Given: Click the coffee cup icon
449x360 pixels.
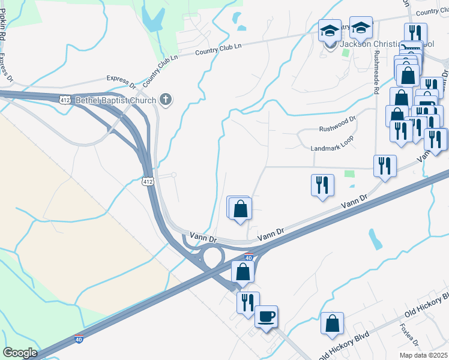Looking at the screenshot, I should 266,316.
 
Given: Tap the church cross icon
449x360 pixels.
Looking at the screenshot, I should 166,100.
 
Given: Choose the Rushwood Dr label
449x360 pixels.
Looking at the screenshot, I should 337,128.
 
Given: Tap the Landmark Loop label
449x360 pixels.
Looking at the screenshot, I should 332,148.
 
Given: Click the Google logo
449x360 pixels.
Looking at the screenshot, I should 20,352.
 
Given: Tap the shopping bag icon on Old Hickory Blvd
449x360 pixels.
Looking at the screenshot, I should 332,324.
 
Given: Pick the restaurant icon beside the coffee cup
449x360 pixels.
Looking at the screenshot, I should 248,302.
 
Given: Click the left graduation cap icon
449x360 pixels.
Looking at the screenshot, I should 330,29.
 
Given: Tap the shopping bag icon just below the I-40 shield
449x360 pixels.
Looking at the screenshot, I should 243,271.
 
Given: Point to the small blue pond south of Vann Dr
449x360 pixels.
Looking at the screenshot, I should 376,239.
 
